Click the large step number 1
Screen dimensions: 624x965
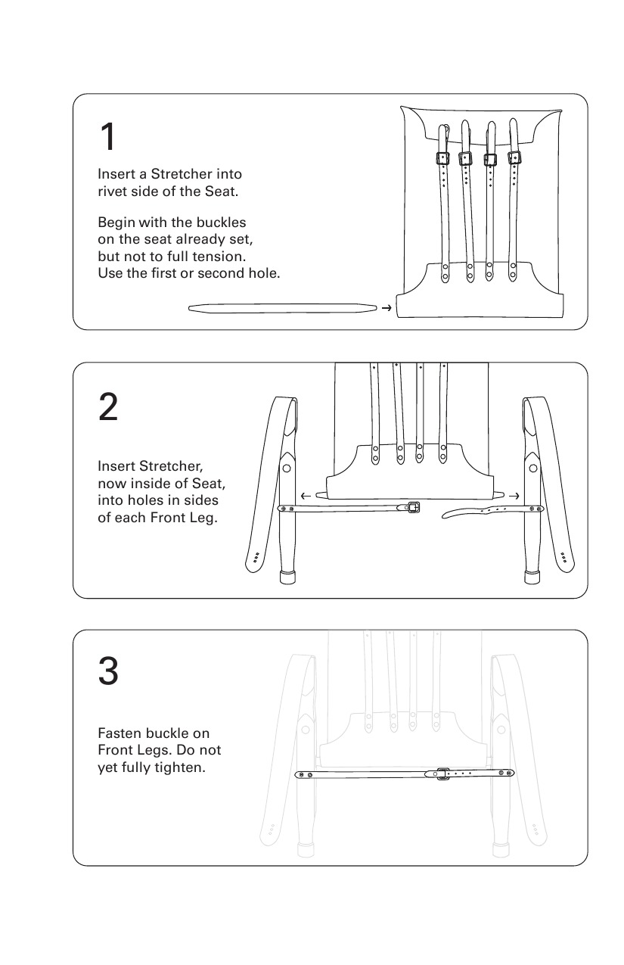coord(108,136)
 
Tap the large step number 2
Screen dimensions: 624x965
coord(108,406)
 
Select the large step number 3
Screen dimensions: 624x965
coord(108,671)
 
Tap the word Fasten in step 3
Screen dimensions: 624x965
coord(116,733)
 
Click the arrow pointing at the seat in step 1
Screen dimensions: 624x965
coord(387,307)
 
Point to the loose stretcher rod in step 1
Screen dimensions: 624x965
coord(282,308)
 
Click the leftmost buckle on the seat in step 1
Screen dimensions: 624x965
coord(443,158)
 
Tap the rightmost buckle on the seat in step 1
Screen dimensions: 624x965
coord(514,158)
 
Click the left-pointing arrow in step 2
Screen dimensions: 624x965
coord(306,496)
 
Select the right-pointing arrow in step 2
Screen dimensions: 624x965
coord(514,496)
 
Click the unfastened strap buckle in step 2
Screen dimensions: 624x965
coord(413,507)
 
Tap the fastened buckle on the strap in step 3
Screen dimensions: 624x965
coord(442,774)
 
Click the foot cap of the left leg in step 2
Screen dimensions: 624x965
coord(287,577)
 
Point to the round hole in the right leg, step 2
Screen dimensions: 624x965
coord(533,468)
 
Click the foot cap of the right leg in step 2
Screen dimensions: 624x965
coord(532,577)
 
